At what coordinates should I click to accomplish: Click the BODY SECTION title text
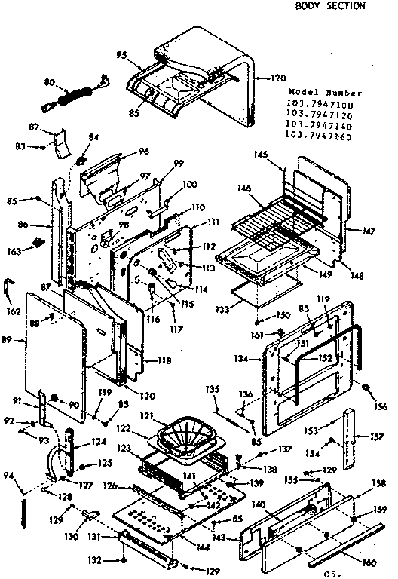point(329,6)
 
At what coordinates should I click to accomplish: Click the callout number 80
point(50,81)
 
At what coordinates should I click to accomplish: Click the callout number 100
point(190,184)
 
